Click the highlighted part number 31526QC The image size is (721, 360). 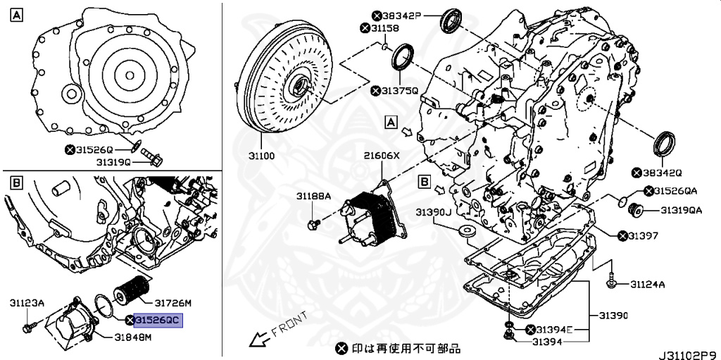[158, 320]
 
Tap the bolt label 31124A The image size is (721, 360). [647, 285]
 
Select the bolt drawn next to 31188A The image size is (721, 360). [313, 224]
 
